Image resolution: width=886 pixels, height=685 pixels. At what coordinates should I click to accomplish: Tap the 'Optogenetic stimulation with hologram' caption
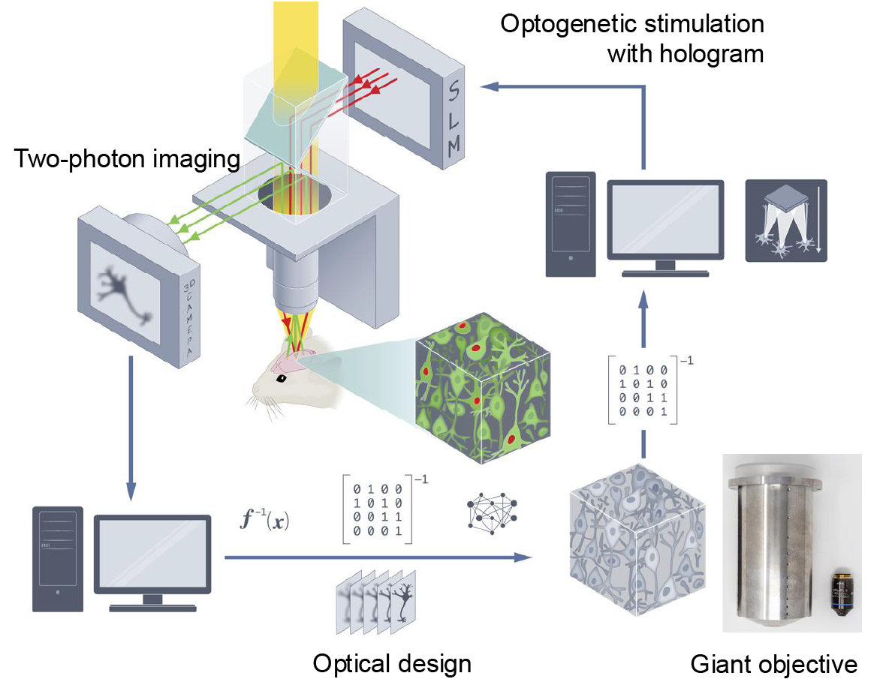632,39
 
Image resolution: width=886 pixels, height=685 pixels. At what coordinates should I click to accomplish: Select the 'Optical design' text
392,663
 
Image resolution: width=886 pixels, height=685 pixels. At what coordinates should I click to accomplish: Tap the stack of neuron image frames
378,600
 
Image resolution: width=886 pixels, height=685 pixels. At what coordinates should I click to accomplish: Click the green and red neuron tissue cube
481,386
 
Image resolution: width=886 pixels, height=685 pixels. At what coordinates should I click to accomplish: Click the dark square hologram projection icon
785,220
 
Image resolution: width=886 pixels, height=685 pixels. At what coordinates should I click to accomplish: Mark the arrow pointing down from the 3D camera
131,428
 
